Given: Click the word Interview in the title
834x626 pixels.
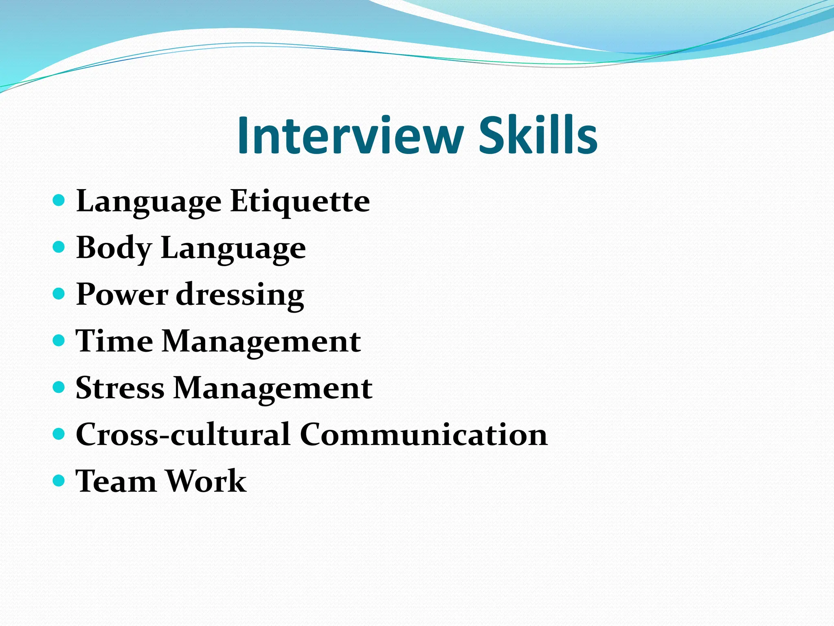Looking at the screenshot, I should (350, 135).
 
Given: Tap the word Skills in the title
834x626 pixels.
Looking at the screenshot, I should (538, 135).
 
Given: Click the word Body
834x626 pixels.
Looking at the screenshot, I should (114, 248).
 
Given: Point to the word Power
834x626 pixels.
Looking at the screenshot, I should (122, 294).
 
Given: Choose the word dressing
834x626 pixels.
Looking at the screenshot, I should (240, 295).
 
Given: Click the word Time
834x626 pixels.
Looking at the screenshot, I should (114, 341).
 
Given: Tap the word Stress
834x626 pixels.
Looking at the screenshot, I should (120, 388).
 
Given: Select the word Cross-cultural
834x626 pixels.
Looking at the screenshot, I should (183, 434).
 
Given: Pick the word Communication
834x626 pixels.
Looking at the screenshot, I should (424, 434).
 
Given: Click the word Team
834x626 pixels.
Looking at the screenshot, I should (116, 481).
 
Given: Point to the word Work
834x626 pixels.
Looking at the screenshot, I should (206, 481).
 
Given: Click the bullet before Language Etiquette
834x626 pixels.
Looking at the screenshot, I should (59, 200).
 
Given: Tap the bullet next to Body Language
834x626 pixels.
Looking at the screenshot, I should (59, 247).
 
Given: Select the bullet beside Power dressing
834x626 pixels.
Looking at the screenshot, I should (59, 293).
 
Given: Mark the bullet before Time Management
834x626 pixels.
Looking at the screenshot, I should (59, 340).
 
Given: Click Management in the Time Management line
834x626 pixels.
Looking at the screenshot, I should (261, 342).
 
